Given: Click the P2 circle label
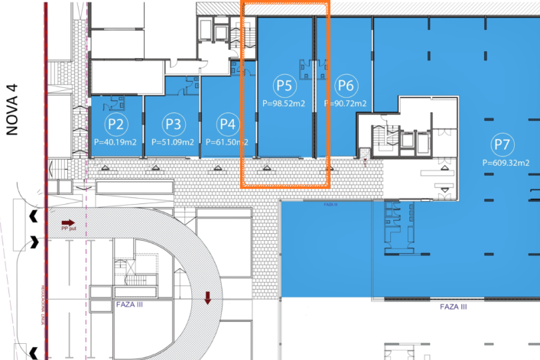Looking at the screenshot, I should pos(115,124).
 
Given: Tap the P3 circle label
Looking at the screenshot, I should pos(174,124).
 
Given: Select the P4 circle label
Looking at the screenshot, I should pos(227,123).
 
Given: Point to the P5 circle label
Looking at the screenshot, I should pos(285,85).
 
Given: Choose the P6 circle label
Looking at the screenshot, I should pos(346,85).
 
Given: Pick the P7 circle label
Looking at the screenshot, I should pos(502,144).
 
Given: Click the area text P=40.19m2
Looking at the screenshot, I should pos(115,142).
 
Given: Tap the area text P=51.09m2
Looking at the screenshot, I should pos(174,142).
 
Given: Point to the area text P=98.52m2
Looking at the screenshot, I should pos(285,103).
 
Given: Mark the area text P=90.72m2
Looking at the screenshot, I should pos(346,103).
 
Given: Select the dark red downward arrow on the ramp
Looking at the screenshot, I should pos(208,297).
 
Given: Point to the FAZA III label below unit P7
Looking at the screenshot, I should pos(453,306).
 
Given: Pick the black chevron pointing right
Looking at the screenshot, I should pos(34,243).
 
